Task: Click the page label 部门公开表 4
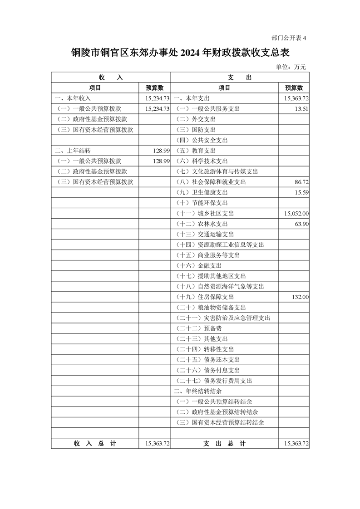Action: point(288,38)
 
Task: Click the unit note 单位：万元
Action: point(291,67)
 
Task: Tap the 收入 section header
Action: point(110,77)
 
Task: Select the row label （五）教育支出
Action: point(196,151)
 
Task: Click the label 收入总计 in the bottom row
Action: point(95,443)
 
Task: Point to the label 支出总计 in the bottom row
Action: point(224,443)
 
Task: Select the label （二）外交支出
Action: point(196,119)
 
